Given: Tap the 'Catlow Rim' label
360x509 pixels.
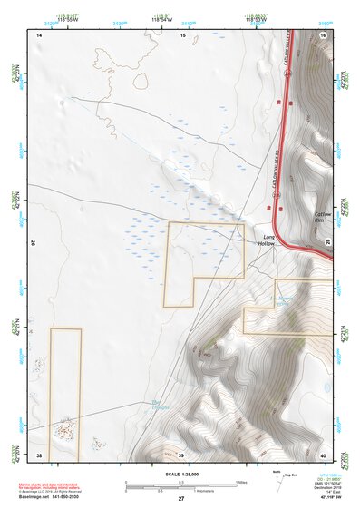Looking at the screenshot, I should [325, 216].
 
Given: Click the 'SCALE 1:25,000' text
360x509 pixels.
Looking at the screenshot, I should [180, 473].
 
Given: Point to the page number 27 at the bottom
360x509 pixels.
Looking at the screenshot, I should [181, 499].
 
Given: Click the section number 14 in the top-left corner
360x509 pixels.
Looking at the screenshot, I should [39, 34].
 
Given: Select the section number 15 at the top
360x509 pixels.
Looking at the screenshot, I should [182, 34].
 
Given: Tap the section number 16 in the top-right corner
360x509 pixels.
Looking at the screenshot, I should [324, 34].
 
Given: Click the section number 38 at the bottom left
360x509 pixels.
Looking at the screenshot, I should [39, 454].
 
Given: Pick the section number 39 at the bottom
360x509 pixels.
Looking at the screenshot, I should [181, 454].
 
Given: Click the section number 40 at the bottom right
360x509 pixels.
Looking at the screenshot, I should [323, 454].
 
